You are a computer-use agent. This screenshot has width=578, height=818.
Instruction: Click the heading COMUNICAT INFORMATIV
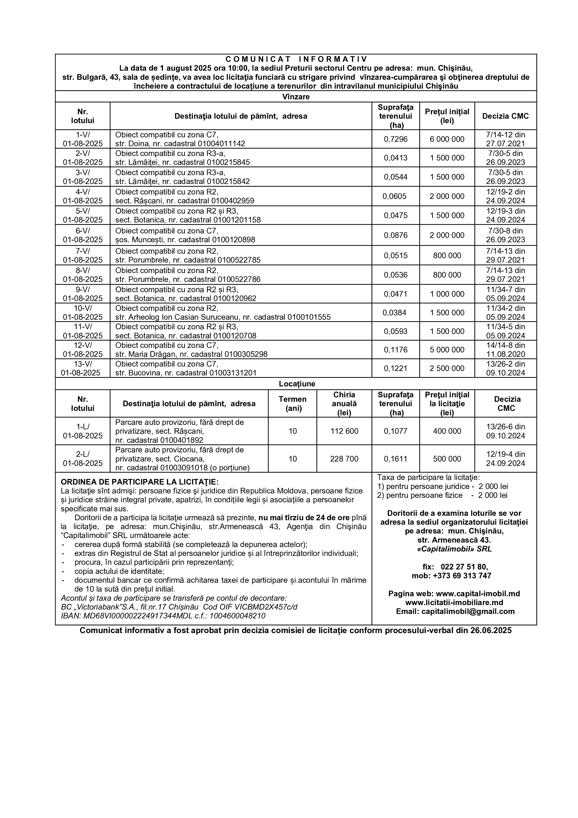(x=296, y=59)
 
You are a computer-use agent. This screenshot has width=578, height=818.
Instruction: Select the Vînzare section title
(x=296, y=97)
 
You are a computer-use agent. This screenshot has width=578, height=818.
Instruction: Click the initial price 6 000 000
(x=447, y=139)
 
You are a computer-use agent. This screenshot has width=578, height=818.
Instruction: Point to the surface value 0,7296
(x=396, y=139)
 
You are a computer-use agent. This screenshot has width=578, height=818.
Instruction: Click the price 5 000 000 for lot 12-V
(x=447, y=350)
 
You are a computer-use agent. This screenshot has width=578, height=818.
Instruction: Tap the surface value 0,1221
(x=396, y=368)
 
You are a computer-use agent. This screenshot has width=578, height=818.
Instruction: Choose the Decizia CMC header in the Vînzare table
(x=505, y=116)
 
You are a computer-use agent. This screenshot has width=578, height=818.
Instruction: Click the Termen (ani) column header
(x=293, y=404)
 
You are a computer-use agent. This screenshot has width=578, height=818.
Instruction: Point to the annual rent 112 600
(x=344, y=431)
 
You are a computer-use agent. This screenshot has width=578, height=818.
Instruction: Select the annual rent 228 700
(x=344, y=459)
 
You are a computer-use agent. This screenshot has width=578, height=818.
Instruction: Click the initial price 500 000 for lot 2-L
(x=447, y=459)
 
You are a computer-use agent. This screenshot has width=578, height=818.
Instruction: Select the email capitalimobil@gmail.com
(x=468, y=611)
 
